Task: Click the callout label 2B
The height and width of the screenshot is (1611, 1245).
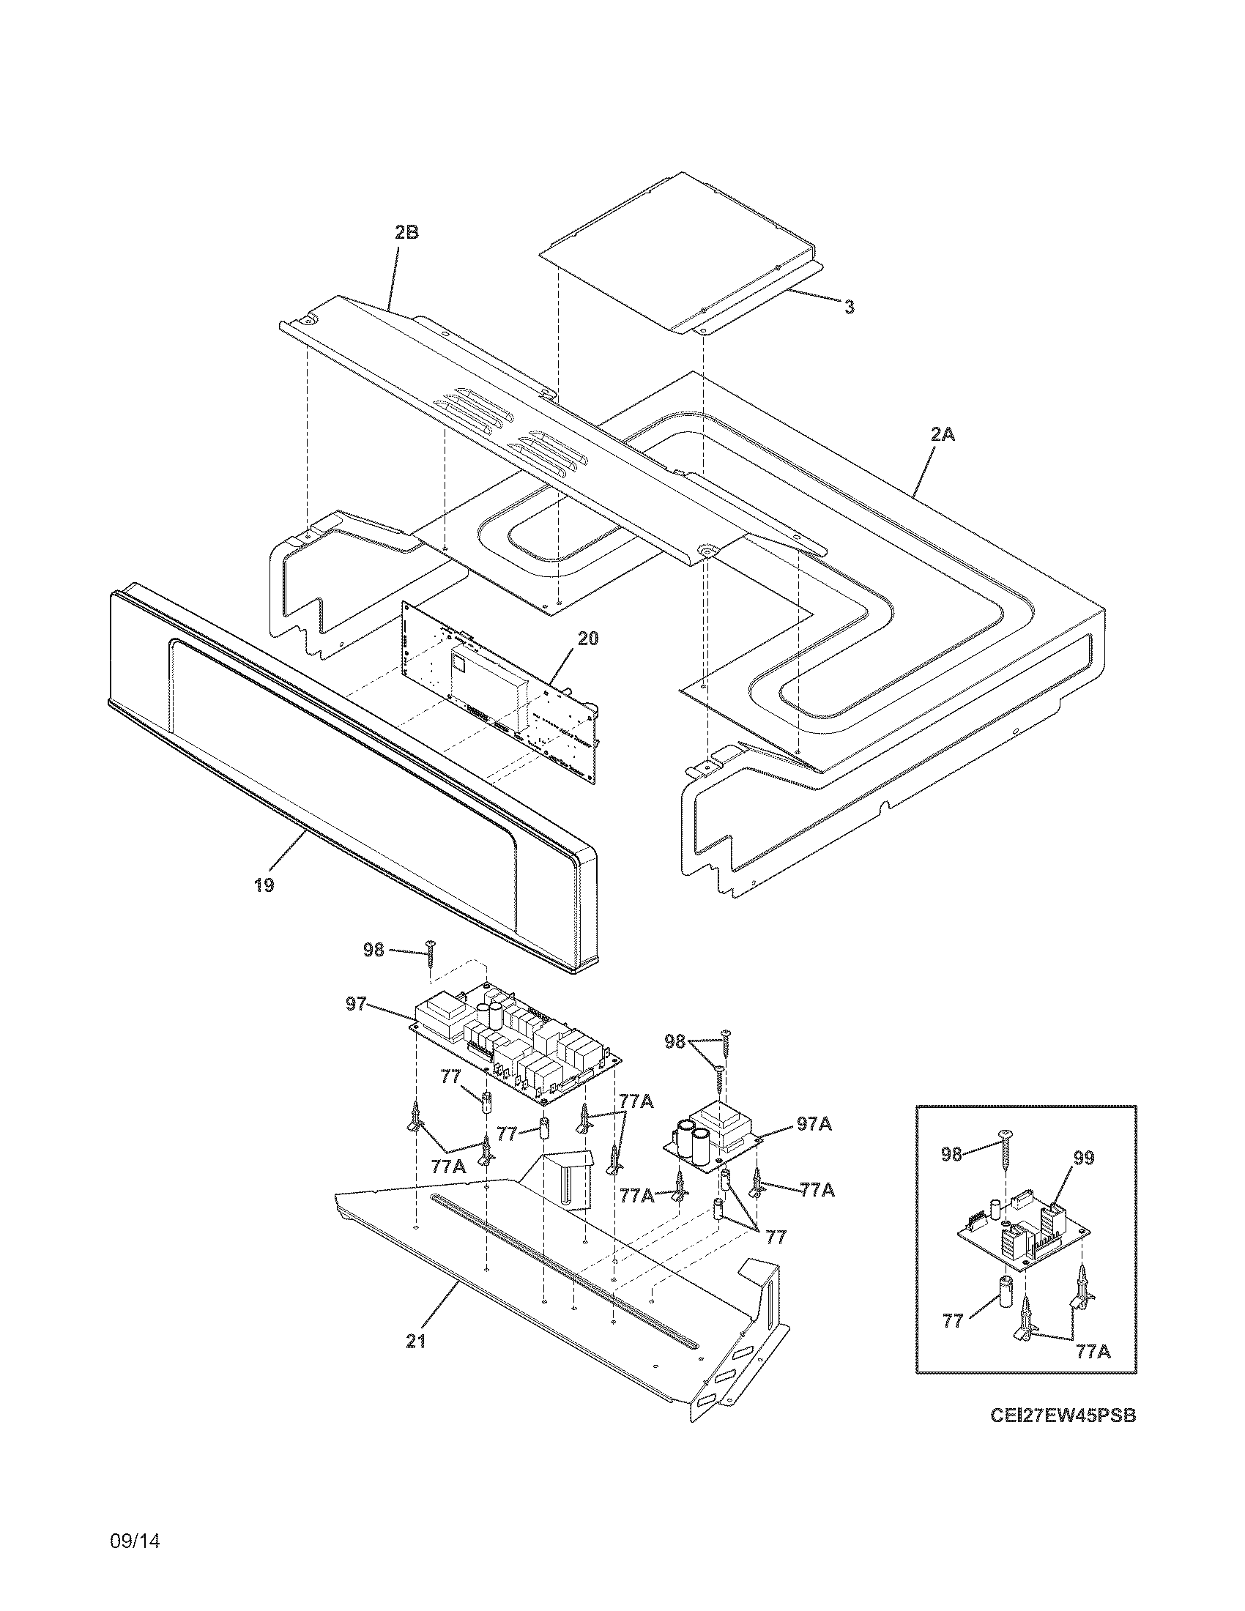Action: pyautogui.click(x=406, y=232)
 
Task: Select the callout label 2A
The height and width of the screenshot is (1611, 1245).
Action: pyautogui.click(x=942, y=435)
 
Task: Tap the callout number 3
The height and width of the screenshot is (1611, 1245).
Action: pyautogui.click(x=850, y=308)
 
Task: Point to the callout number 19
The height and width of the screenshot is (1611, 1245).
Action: pyautogui.click(x=264, y=885)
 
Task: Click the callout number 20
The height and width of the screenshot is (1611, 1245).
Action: pyautogui.click(x=588, y=639)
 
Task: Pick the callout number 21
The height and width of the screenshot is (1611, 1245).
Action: pyautogui.click(x=416, y=1342)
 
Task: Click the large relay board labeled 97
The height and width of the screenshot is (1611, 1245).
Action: pyautogui.click(x=516, y=1040)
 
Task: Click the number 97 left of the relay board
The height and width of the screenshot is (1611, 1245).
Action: pyautogui.click(x=355, y=1005)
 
